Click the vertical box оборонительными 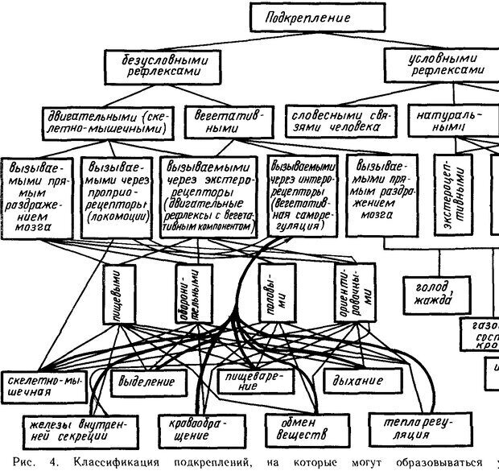(188, 295)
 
